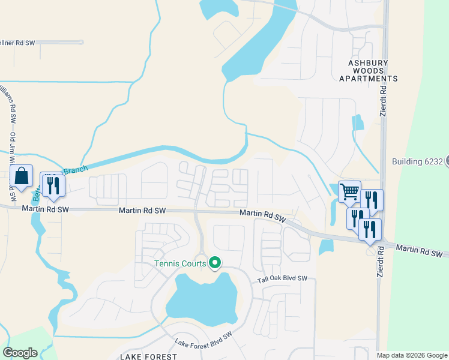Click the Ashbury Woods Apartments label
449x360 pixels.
point(368,70)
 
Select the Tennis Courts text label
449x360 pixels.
point(180,263)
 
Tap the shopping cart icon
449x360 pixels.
point(349,192)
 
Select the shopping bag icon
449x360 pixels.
point(22,176)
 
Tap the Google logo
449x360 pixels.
point(20,353)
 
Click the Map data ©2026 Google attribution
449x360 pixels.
point(412,355)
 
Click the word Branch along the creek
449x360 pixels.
point(76,170)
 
